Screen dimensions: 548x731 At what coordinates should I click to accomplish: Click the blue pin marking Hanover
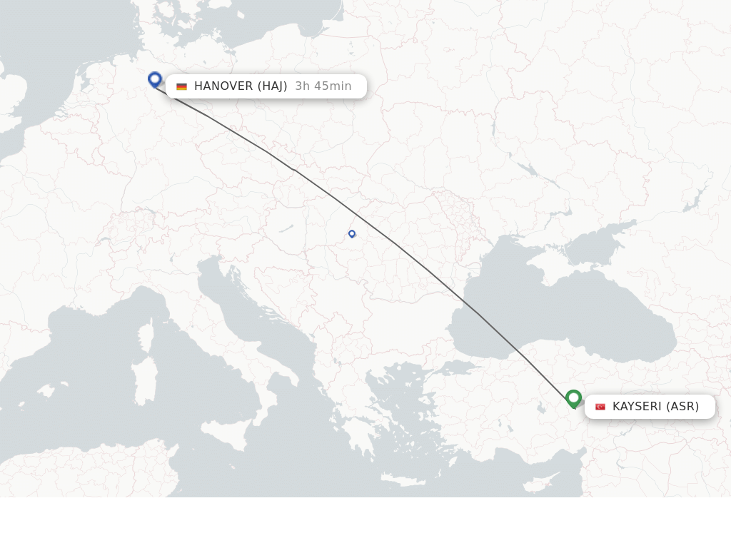[155, 79]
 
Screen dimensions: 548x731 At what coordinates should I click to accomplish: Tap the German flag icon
[182, 86]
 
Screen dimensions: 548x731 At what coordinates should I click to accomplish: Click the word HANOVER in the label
[223, 86]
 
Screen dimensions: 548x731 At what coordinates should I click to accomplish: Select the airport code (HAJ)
[272, 86]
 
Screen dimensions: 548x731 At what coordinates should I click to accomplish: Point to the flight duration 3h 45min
[323, 86]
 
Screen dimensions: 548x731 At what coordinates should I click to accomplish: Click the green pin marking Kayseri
[573, 398]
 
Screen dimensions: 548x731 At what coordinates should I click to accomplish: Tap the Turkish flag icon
[600, 407]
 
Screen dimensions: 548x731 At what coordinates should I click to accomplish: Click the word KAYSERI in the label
[637, 407]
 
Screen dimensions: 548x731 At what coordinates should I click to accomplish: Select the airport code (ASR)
[682, 407]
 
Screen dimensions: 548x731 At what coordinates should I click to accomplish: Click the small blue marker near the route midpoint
[352, 233]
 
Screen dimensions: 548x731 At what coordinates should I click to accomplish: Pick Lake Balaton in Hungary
[286, 228]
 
